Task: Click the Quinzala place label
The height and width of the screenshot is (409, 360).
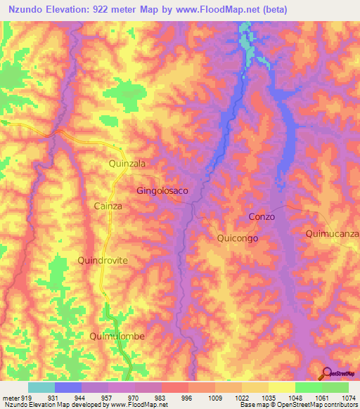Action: pyautogui.click(x=127, y=163)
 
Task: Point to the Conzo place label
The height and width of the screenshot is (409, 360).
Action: pyautogui.click(x=262, y=217)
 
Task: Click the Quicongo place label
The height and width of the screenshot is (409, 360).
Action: pyautogui.click(x=238, y=238)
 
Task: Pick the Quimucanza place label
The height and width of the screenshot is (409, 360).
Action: pyautogui.click(x=333, y=233)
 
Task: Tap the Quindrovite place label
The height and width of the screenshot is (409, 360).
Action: pyautogui.click(x=103, y=260)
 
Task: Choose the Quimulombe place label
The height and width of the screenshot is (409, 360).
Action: pyautogui.click(x=117, y=336)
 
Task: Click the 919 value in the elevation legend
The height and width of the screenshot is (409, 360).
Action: pyautogui.click(x=21, y=397)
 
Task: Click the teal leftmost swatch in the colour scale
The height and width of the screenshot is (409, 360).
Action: pyautogui.click(x=41, y=387)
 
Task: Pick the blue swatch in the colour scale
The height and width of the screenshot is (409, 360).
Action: pyautogui.click(x=67, y=387)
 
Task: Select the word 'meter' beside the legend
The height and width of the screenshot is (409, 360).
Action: pyautogui.click(x=9, y=397)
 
